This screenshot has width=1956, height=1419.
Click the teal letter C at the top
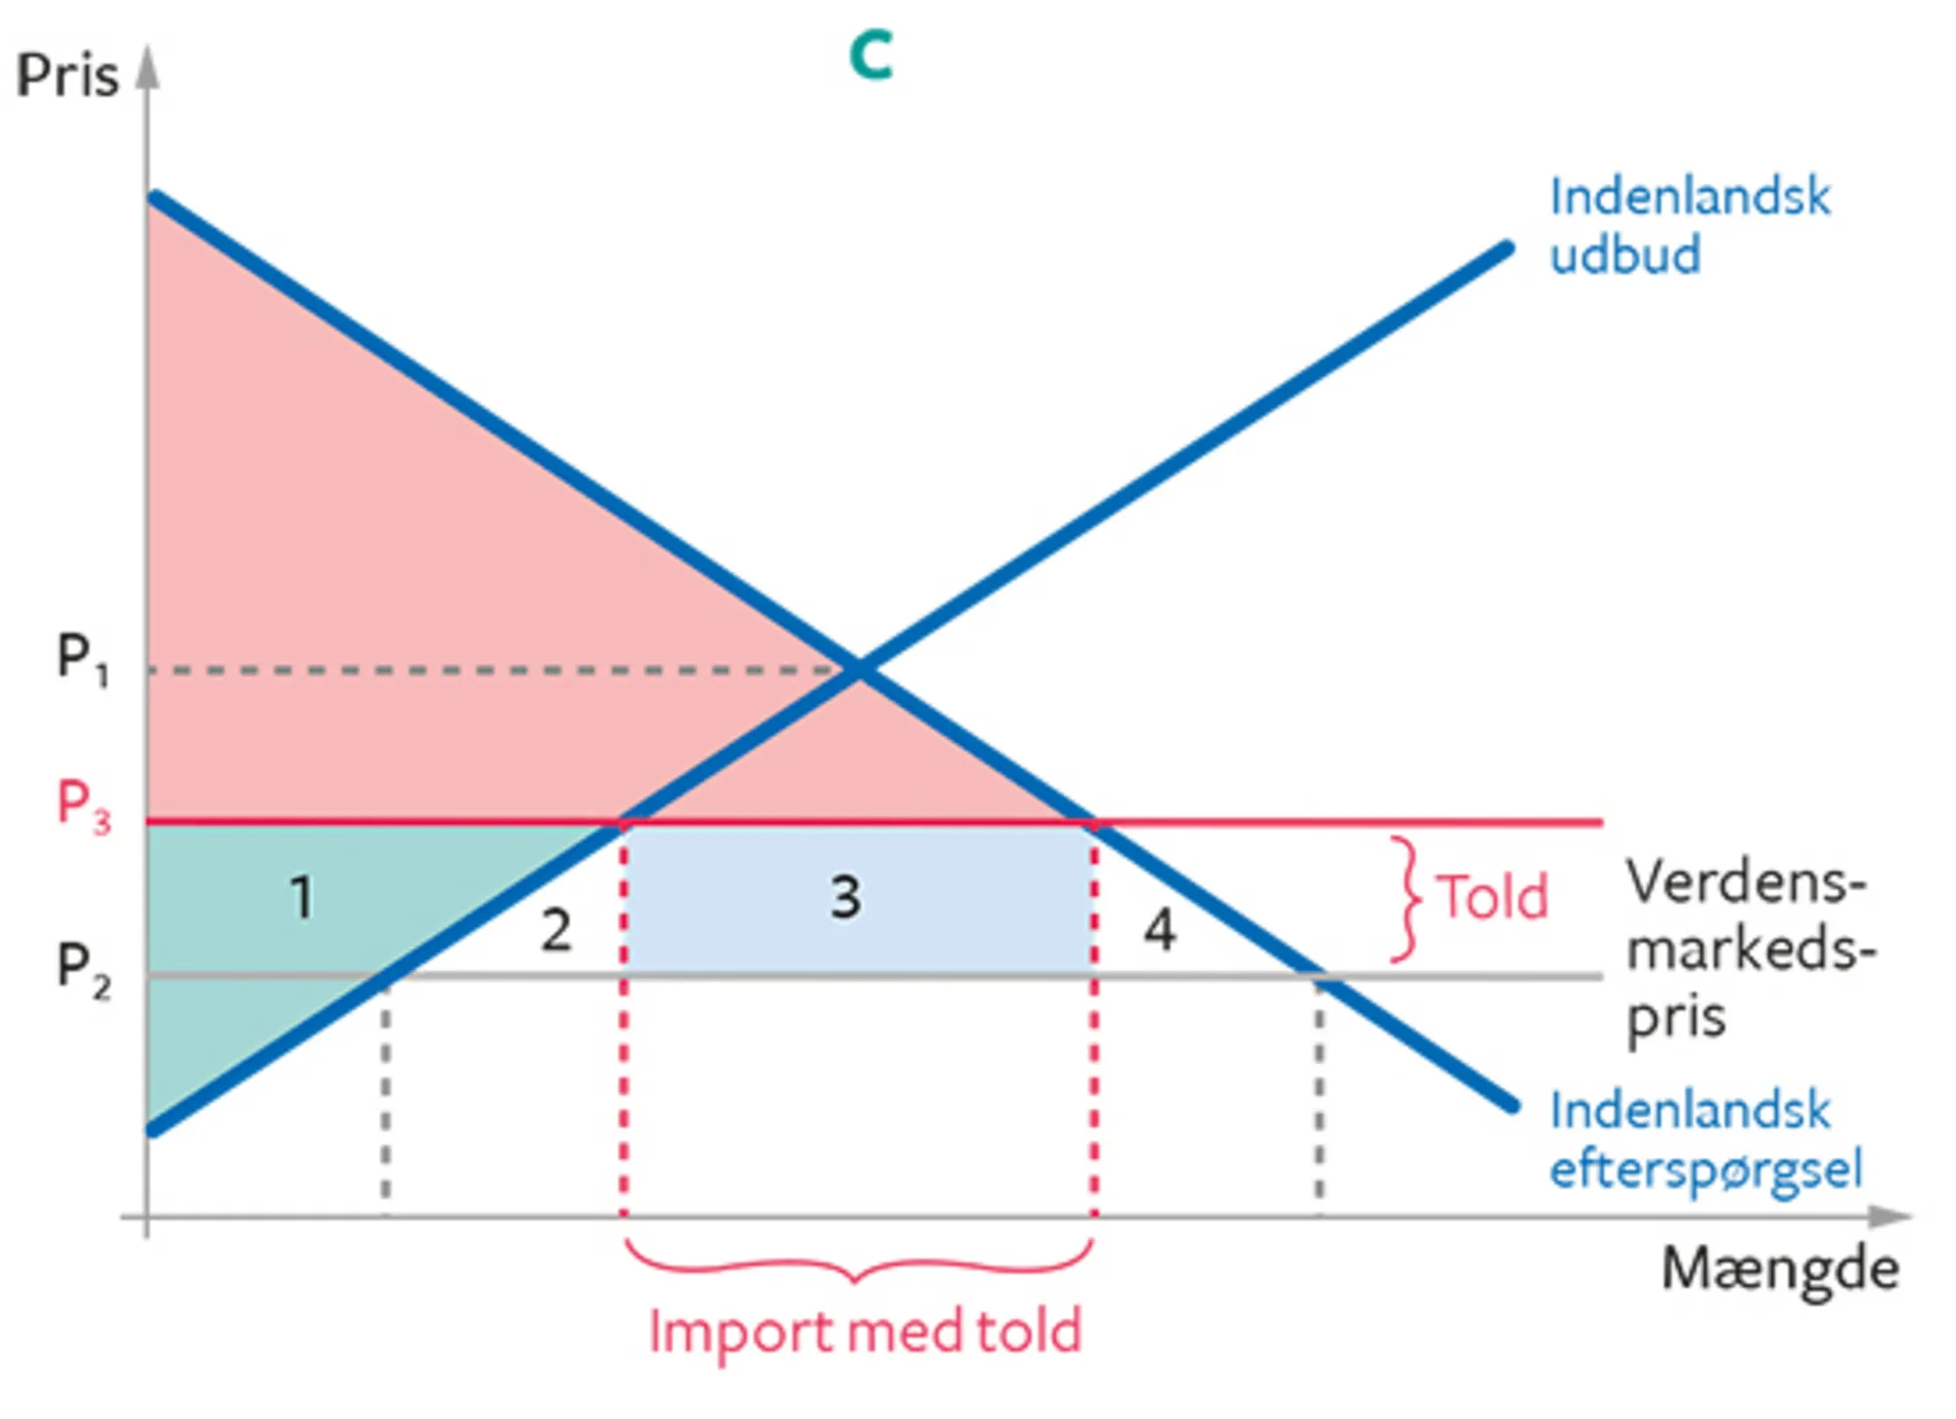tap(870, 55)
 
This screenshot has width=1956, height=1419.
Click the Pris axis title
tap(67, 75)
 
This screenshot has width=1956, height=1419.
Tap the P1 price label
tap(82, 658)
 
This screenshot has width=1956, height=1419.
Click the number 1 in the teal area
tap(302, 898)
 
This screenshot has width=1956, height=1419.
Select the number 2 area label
tap(556, 930)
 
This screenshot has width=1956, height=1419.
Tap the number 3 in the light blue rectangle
tap(846, 898)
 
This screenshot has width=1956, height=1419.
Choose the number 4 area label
tap(1160, 930)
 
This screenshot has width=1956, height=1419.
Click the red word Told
tap(1491, 897)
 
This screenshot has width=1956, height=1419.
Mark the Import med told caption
tap(866, 1333)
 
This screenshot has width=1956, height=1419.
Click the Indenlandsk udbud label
tap(1689, 226)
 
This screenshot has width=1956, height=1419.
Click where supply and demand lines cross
tap(860, 670)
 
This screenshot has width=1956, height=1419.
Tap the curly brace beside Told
tap(1405, 898)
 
